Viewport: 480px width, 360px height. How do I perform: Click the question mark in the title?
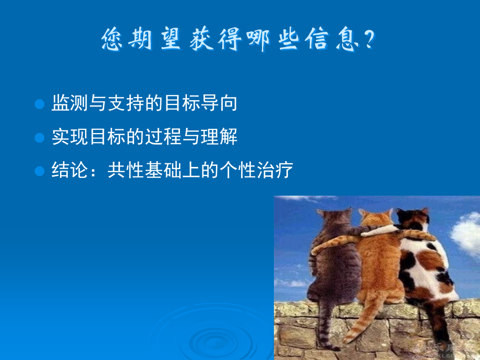tap(370, 39)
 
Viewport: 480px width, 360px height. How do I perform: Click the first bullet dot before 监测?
tap(40, 104)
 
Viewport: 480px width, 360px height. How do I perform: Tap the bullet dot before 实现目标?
tap(40, 137)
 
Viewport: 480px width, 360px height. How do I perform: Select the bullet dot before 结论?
tap(40, 171)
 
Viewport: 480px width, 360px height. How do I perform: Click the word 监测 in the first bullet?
tap(70, 103)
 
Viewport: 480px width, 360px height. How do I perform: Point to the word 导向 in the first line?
tap(219, 103)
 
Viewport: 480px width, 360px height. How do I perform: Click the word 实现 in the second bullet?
tap(70, 137)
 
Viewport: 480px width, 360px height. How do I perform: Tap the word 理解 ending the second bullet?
tap(219, 137)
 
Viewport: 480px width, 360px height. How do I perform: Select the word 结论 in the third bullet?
tap(70, 170)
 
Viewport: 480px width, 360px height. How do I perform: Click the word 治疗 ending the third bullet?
tap(275, 170)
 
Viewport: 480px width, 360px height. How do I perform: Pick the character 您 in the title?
tap(112, 39)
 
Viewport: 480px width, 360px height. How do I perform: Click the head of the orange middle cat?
tap(376, 218)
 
